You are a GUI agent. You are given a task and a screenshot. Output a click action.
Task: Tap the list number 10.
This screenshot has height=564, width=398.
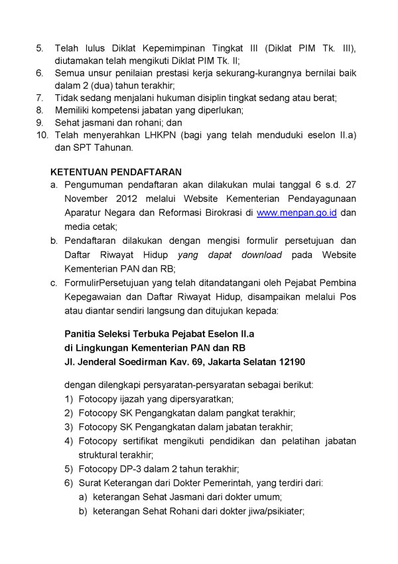[42, 135]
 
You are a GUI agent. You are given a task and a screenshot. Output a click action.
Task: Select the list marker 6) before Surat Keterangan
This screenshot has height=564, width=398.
[69, 482]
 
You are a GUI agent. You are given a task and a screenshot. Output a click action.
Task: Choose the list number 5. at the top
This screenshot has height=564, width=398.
[40, 48]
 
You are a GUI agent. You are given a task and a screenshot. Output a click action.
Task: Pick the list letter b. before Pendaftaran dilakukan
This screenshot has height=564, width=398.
[54, 241]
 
